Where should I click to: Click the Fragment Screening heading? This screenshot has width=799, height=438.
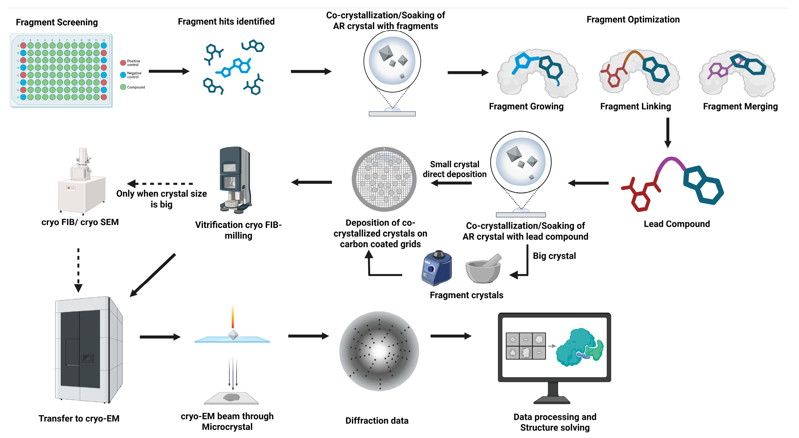coord(57,22)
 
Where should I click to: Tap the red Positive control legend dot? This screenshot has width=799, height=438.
coord(123,63)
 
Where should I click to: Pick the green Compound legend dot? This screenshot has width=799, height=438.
coord(123,87)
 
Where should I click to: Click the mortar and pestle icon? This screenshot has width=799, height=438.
coord(483,269)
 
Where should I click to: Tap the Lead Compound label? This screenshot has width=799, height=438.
coord(676,224)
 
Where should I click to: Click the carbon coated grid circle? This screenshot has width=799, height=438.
coord(384,179)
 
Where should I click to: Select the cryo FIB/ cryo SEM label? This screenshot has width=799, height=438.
coord(80,222)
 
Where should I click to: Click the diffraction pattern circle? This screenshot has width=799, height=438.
coord(379,351)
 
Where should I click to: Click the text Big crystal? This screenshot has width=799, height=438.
coord(554,256)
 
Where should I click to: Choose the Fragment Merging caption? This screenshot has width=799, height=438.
coord(740,107)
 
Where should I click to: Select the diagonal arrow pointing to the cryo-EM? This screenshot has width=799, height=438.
coord(153,275)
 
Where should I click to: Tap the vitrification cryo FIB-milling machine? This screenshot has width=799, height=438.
coord(235,180)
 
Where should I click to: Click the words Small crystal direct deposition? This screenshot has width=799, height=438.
coord(454,169)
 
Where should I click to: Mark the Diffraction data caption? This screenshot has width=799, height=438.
coord(376,421)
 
